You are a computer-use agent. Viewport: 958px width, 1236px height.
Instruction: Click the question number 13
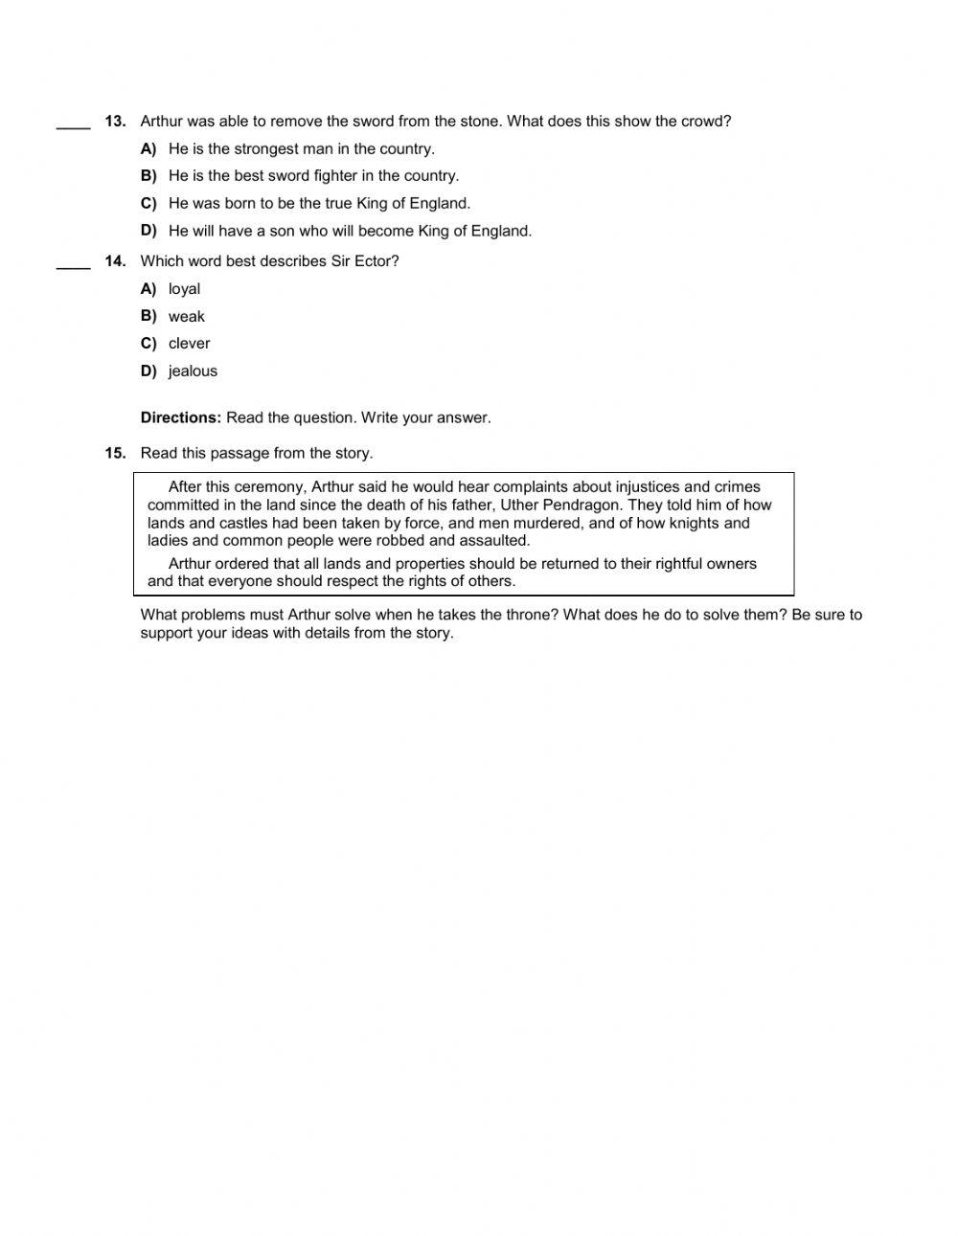coord(115,122)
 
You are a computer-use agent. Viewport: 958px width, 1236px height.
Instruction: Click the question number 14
coord(115,261)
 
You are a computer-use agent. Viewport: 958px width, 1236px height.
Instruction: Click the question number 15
coord(115,454)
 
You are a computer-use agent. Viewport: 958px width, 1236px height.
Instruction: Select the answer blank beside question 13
coord(74,124)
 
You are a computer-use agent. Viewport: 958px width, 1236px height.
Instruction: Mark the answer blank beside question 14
coord(74,265)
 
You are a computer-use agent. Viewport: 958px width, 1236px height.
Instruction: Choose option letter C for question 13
coord(148,204)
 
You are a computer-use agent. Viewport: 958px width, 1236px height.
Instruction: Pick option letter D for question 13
coord(148,231)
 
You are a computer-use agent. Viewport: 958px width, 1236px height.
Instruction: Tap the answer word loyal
coord(184,289)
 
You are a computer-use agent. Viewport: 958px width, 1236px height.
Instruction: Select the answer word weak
coord(186,317)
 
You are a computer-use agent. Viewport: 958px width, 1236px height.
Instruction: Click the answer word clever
coord(189,344)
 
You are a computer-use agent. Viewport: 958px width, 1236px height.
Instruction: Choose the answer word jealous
coord(193,371)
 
